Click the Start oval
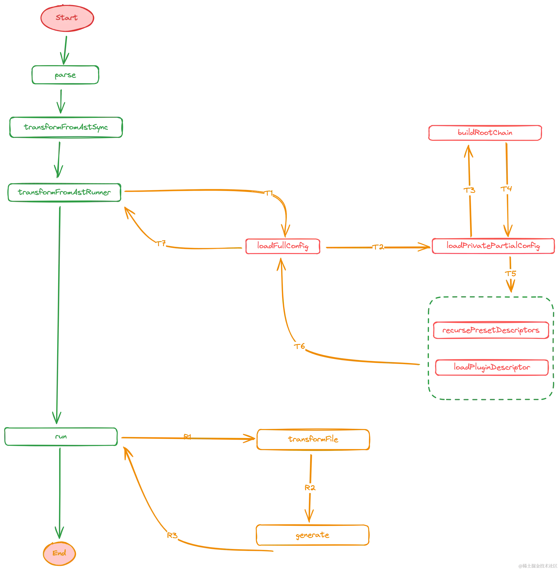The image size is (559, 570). [67, 18]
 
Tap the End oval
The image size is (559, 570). [59, 553]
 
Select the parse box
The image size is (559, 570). [65, 75]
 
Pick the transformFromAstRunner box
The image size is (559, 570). [64, 193]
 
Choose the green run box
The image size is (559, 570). [61, 437]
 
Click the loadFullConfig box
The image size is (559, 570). [283, 246]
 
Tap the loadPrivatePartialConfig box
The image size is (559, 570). [493, 246]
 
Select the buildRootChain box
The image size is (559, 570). [485, 133]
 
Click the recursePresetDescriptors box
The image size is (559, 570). [491, 331]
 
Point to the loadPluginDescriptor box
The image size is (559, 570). [491, 367]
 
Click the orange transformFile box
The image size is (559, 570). [313, 439]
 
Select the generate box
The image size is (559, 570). [312, 535]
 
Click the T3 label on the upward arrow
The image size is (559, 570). [470, 191]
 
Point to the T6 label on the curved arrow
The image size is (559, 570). [300, 346]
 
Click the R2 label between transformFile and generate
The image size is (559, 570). [310, 488]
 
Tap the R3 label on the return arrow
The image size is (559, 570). [172, 536]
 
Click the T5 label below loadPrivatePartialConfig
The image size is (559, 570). [511, 273]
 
